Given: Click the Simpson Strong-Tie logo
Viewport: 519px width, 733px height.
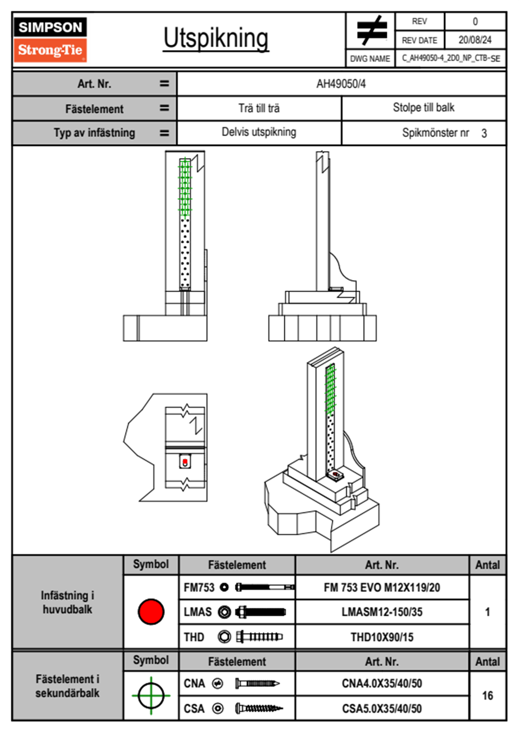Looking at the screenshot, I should [50, 39].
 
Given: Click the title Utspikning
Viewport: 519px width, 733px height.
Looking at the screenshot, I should [216, 38].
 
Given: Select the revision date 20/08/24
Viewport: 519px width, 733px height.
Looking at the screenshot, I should [475, 40].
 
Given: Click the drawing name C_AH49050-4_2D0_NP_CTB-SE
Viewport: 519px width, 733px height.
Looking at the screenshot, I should [451, 58].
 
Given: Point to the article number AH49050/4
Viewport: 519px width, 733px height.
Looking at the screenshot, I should [341, 84].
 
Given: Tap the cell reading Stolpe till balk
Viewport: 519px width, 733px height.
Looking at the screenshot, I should [423, 108].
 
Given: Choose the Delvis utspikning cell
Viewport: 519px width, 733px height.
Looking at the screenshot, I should [259, 132].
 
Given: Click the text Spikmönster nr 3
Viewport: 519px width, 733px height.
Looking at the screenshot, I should [444, 133].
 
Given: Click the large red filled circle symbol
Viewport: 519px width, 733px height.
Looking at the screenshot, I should [151, 611].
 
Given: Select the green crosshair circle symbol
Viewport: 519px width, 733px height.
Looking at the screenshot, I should [151, 696].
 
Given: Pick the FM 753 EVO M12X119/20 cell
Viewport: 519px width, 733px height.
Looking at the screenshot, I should [382, 587].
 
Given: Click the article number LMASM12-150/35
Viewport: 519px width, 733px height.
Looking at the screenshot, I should [382, 612].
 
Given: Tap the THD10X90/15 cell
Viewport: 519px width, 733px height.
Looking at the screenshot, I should [382, 637].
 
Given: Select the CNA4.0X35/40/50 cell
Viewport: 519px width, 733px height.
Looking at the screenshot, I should [382, 683].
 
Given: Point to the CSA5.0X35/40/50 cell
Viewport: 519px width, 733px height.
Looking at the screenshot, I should [382, 709].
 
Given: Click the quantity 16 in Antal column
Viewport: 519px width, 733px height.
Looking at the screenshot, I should [487, 696].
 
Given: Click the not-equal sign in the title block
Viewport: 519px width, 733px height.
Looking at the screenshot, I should [371, 31].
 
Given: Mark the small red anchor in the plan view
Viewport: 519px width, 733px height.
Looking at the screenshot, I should [185, 462].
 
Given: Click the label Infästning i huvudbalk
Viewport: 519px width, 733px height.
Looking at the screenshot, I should [67, 602].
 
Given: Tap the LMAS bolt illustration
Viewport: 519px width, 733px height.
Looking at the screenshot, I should [260, 612].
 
